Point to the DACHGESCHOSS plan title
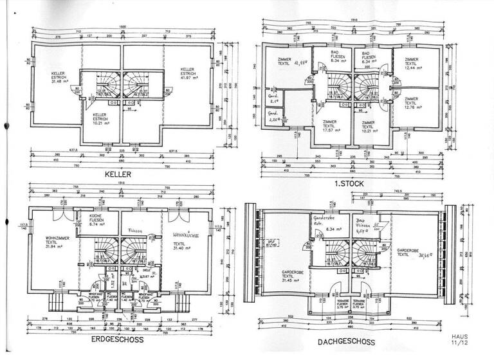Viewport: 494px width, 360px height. (x=347, y=343)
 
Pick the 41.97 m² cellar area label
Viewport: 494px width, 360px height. (x=188, y=77)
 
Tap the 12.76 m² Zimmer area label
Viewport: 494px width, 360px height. (x=411, y=107)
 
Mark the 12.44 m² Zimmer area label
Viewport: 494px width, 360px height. (x=412, y=67)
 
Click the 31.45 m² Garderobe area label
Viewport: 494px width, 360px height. (x=292, y=281)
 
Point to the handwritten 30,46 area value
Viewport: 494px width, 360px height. (x=423, y=255)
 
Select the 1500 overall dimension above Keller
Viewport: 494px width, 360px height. (x=122, y=26)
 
